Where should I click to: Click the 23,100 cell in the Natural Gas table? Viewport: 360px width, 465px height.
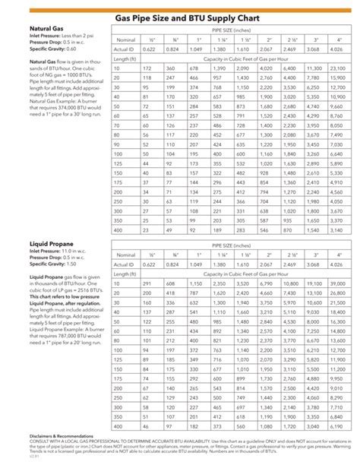coord(338,68)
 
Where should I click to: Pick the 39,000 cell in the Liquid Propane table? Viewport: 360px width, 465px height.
coord(338,283)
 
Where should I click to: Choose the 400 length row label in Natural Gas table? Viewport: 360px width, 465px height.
coord(118,228)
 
